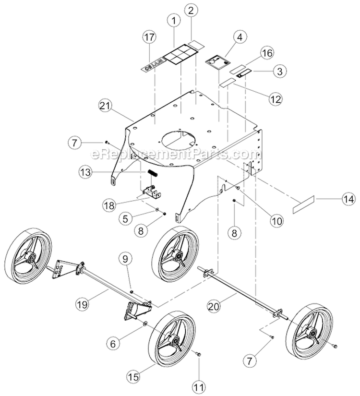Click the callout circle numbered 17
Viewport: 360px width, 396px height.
point(150,37)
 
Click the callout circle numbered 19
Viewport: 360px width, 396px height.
point(83,303)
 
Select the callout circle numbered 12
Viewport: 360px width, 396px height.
point(275,99)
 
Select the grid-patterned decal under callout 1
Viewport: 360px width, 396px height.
point(178,58)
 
